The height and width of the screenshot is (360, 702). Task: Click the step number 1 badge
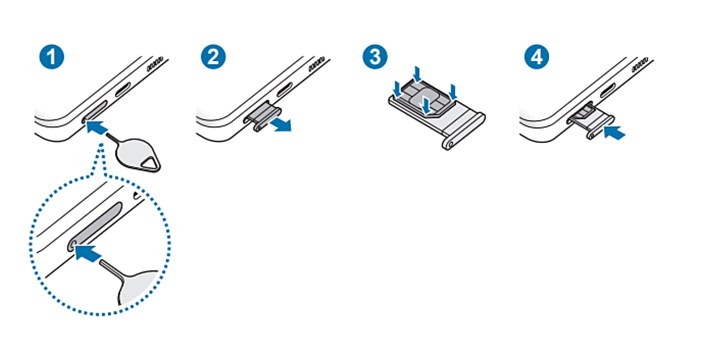pos(52,57)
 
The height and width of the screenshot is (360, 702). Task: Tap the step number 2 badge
pos(213,57)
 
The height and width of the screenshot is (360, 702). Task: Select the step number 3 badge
pos(375,57)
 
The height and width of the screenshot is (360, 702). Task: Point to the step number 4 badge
pos(537,57)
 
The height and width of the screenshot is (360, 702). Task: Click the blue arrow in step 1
pos(97,128)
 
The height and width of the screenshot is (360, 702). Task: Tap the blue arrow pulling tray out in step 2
pos(281,124)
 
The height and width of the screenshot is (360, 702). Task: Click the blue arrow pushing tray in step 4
pos(614,133)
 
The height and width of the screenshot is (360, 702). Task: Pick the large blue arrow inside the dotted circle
pos(88,253)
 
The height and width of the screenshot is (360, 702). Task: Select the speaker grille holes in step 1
pos(155,64)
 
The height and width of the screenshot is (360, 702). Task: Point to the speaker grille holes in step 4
pos(640,64)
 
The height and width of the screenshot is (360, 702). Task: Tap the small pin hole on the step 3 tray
pos(450,145)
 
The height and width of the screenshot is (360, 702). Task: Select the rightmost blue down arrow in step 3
pos(453,92)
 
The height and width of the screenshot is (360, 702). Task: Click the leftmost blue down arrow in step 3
pos(397,89)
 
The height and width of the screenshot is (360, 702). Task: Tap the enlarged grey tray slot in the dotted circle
pos(94,227)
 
